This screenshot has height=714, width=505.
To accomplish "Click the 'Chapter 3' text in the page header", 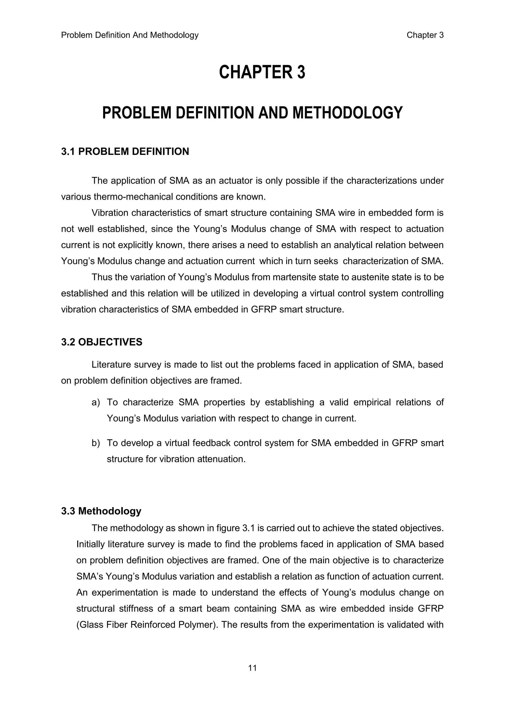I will tap(425, 35).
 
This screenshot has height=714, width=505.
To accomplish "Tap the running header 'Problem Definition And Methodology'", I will tap(130, 35).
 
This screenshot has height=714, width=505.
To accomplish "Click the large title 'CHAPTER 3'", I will tap(262, 72).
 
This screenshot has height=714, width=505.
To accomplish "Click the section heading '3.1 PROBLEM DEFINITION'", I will tap(125, 152).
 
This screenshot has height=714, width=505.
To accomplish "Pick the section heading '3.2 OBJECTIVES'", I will tap(102, 342).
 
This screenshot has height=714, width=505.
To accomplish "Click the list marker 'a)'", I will tap(95, 402).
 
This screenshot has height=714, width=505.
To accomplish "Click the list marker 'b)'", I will tap(95, 443).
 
